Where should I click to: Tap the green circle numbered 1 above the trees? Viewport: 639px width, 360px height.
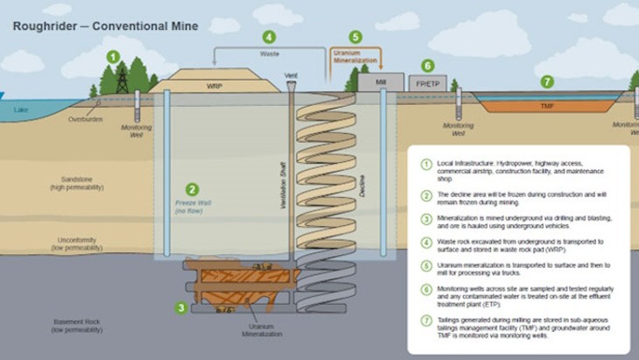click(112, 57)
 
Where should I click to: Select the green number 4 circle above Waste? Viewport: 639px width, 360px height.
click(269, 37)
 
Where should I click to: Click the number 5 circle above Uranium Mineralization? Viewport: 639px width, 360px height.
click(355, 37)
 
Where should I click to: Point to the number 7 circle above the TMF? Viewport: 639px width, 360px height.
click(547, 81)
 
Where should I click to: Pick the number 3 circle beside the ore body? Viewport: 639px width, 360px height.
click(181, 307)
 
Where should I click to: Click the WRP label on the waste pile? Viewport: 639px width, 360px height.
click(214, 87)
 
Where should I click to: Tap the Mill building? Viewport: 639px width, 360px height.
click(381, 81)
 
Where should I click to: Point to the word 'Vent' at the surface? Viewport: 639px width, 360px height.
click(291, 76)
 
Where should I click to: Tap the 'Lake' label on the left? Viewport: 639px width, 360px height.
click(20, 110)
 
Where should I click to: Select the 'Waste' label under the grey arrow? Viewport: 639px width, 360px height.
click(269, 53)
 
